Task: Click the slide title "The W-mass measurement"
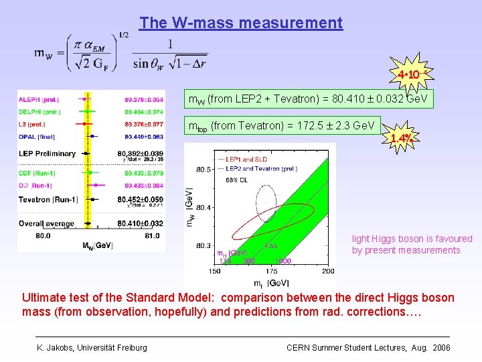241,23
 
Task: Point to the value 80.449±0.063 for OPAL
144,135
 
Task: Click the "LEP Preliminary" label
47,154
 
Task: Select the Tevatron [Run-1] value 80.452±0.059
139,199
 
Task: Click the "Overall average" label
45,223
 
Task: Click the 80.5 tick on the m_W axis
202,169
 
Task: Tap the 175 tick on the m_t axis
271,271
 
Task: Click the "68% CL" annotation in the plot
236,180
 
